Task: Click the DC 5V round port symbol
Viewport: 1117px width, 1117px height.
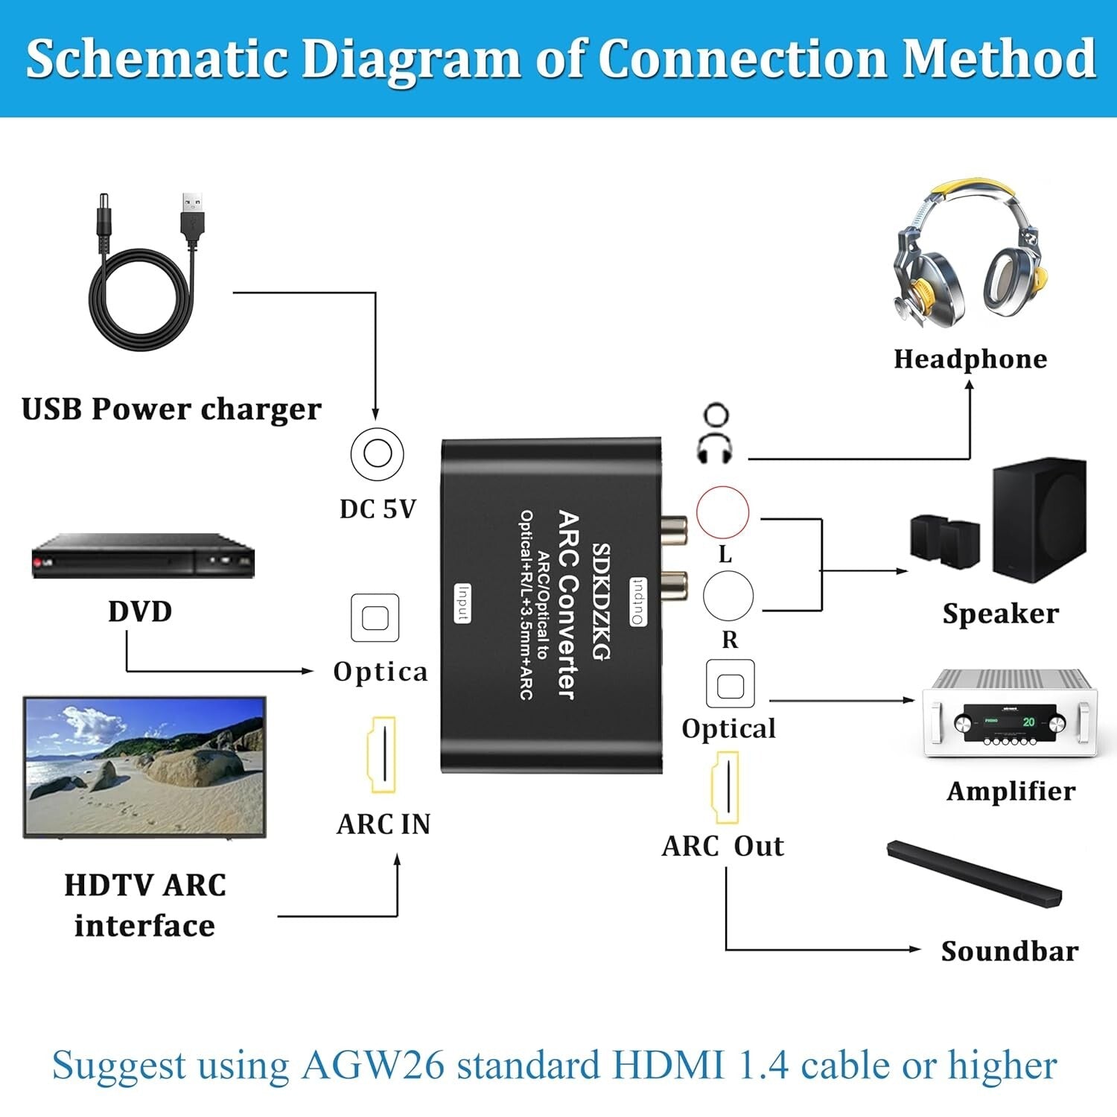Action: (x=377, y=454)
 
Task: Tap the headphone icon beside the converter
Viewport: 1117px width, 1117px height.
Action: (x=715, y=433)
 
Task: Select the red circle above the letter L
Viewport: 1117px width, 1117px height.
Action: (x=722, y=512)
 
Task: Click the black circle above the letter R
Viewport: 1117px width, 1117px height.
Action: (x=728, y=596)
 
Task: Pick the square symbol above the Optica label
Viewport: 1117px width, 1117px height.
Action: (x=375, y=618)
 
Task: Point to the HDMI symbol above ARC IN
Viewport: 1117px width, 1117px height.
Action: (x=383, y=755)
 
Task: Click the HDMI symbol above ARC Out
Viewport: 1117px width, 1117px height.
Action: (x=726, y=787)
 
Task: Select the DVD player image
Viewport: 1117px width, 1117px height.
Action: (x=143, y=556)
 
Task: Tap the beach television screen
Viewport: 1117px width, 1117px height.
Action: (x=145, y=767)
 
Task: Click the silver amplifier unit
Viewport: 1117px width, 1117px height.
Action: (x=1009, y=714)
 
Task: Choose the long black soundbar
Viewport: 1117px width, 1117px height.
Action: (x=974, y=873)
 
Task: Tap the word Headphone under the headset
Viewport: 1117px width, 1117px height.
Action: (x=970, y=359)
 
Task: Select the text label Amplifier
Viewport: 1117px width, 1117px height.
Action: (x=1011, y=791)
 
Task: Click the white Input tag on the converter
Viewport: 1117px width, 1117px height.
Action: (x=462, y=603)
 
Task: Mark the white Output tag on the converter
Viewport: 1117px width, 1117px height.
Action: (x=638, y=601)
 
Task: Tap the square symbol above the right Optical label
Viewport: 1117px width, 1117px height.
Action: (x=730, y=684)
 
